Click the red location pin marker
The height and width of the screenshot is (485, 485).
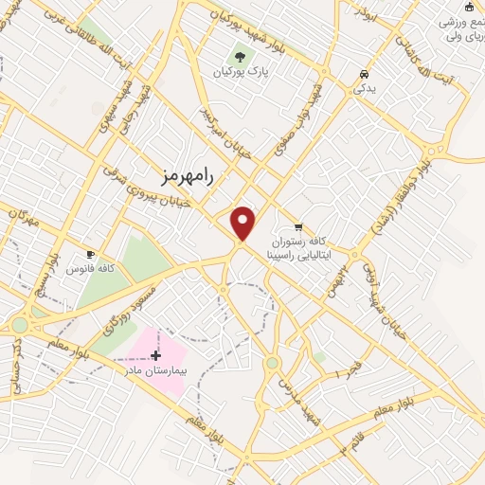[243, 223]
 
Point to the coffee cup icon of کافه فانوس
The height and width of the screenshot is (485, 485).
[91, 254]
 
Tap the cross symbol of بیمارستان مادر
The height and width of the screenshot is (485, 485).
[155, 355]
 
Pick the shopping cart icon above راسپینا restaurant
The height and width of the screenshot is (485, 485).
[298, 226]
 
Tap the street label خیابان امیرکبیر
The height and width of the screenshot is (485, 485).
[215, 130]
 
